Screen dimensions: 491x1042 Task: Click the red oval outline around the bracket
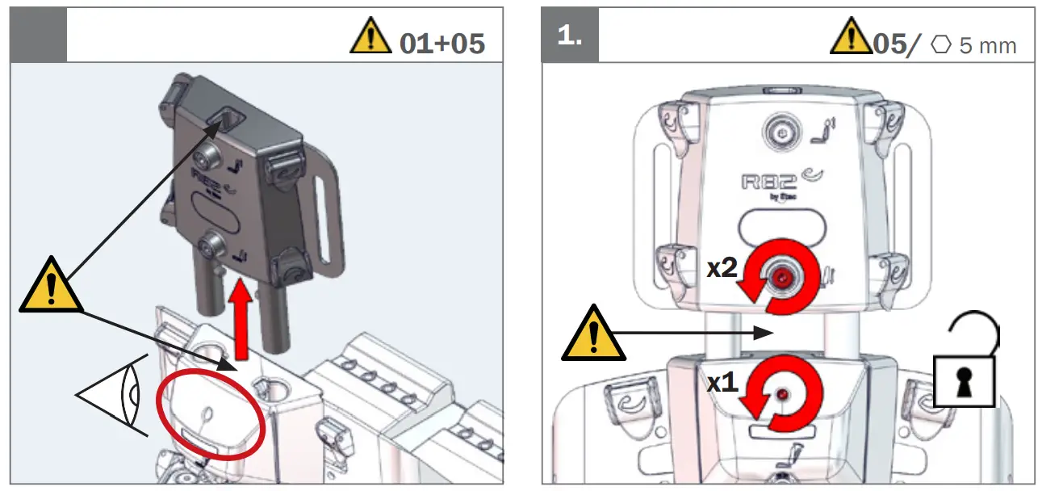pyautogui.click(x=211, y=413)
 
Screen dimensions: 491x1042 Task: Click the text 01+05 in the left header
pyautogui.click(x=442, y=42)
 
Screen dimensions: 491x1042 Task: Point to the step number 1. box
pyautogui.click(x=569, y=36)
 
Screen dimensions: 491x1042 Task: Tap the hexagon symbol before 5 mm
pyautogui.click(x=941, y=44)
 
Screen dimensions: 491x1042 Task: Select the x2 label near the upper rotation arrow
pyautogui.click(x=722, y=269)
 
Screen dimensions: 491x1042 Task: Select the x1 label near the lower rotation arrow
pyautogui.click(x=722, y=383)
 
